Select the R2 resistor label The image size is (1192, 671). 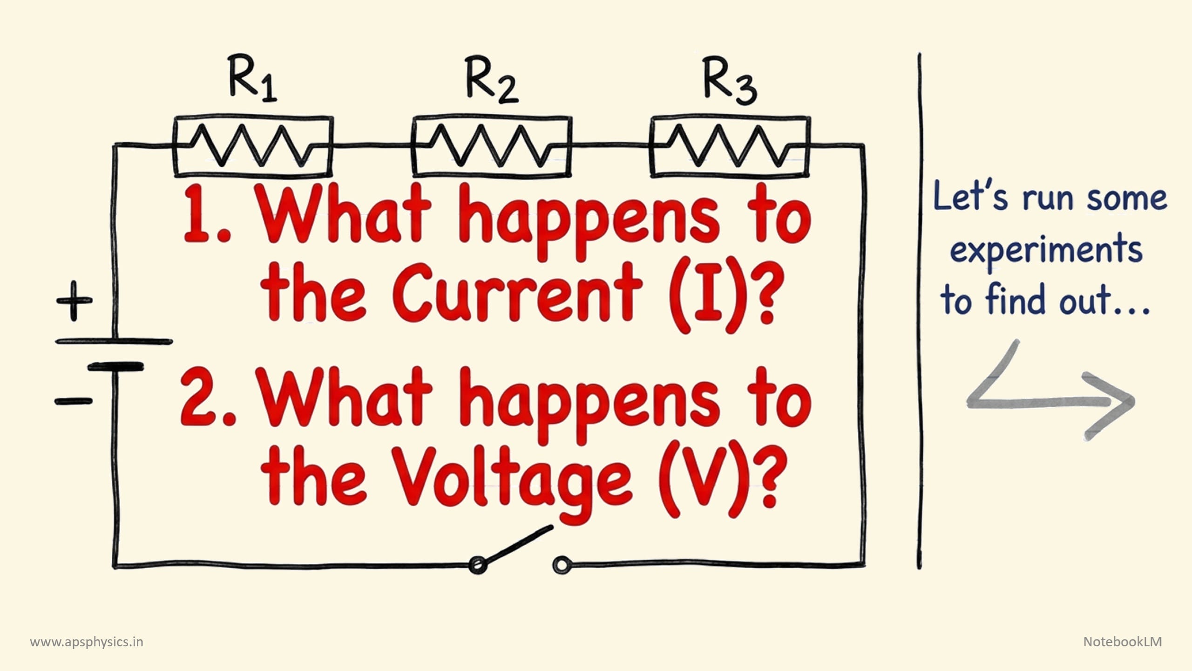pyautogui.click(x=491, y=80)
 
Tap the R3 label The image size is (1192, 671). pyautogui.click(x=729, y=80)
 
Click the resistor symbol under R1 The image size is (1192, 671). pyautogui.click(x=253, y=146)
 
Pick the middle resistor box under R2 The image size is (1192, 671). pyautogui.click(x=492, y=146)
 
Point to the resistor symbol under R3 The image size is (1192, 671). pyautogui.click(x=730, y=146)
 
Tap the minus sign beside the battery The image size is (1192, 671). pyautogui.click(x=74, y=400)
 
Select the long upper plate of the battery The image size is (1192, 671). pyautogui.click(x=114, y=342)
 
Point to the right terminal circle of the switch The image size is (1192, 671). pyautogui.click(x=560, y=565)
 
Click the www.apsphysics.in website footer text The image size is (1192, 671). pyautogui.click(x=87, y=642)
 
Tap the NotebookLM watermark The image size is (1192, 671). pyautogui.click(x=1122, y=642)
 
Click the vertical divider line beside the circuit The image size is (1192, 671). pyautogui.click(x=919, y=312)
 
